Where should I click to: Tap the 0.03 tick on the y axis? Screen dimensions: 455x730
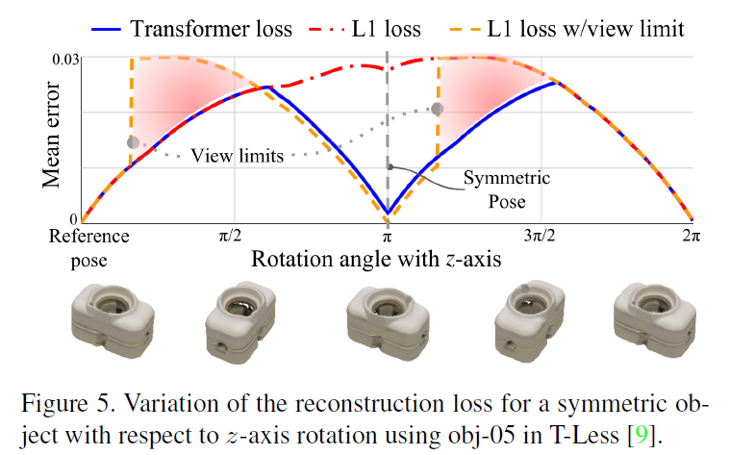click(x=64, y=58)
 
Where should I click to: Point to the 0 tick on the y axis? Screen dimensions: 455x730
click(x=72, y=219)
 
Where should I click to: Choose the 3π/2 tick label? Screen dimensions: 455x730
click(x=542, y=234)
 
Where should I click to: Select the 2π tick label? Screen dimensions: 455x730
click(x=691, y=234)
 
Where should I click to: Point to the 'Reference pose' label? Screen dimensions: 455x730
click(x=82, y=246)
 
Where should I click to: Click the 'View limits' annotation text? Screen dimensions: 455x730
click(x=238, y=156)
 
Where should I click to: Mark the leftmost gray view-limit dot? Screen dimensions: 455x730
click(x=133, y=142)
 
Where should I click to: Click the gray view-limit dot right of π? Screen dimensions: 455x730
click(x=438, y=109)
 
